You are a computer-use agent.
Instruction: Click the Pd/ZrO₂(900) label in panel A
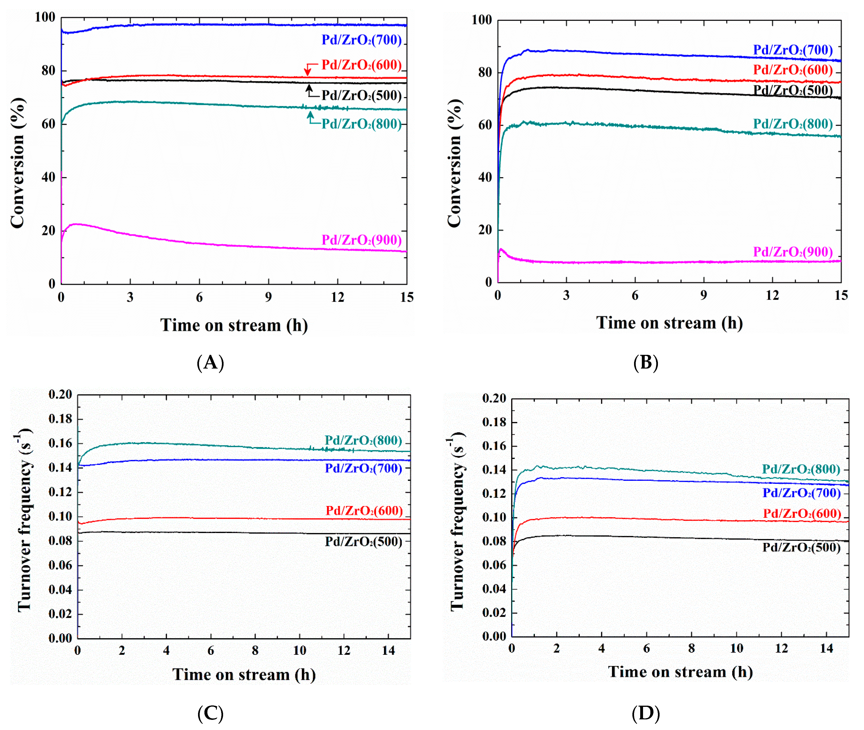point(361,240)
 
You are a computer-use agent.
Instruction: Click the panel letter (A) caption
point(210,362)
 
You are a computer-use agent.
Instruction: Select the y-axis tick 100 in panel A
point(45,17)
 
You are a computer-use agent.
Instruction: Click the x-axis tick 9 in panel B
point(703,296)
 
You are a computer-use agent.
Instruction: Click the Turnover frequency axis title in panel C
point(24,520)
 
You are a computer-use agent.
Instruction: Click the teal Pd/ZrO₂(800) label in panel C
point(363,440)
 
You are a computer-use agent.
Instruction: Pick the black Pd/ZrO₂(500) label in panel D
point(801,548)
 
